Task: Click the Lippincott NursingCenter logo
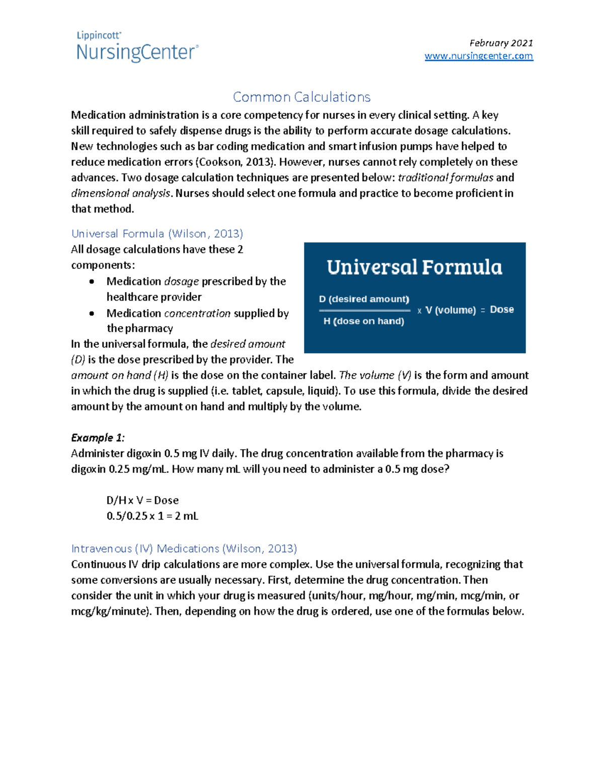137,47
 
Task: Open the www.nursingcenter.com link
479,56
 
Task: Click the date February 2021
501,43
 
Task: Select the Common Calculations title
301,97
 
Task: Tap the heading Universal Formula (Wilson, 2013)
157,234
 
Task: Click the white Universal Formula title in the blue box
414,267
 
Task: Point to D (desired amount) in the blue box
364,299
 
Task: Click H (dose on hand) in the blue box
363,321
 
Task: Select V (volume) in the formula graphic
450,310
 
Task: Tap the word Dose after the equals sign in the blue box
502,310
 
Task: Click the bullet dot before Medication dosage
92,281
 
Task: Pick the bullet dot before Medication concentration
92,313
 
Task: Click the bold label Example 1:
98,438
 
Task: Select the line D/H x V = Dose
142,501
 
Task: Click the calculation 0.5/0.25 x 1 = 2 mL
152,516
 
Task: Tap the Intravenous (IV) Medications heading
184,548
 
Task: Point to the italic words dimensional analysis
121,193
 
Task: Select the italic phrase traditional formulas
445,178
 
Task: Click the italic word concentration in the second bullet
197,313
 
